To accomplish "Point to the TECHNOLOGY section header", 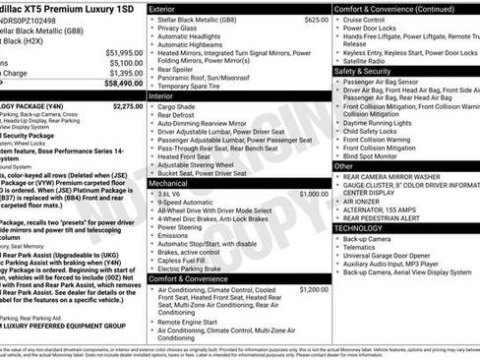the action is click(358, 227).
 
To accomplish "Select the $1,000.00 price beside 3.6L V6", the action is click(314, 195).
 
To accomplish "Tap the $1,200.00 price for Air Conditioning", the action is click(314, 290).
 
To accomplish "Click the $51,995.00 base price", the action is click(123, 52).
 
